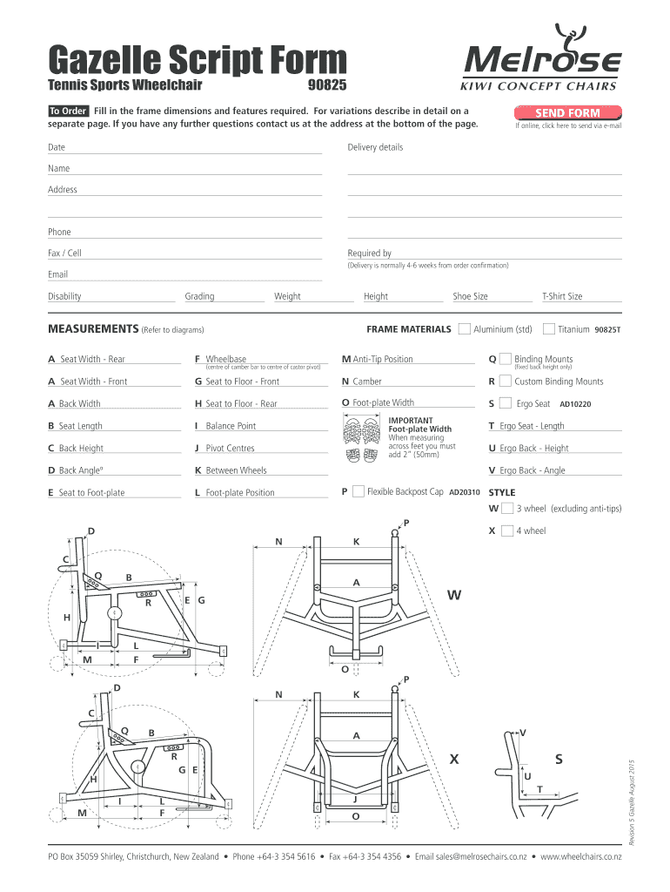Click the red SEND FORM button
click(x=566, y=113)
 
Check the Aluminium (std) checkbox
click(x=465, y=328)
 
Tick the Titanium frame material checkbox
click(x=549, y=328)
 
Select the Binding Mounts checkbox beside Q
click(x=506, y=359)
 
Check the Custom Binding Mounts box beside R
click(x=506, y=381)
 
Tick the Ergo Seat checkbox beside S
click(x=506, y=403)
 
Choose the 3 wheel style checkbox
click(x=507, y=508)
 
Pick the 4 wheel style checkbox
click(x=507, y=530)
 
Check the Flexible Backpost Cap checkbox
click(x=358, y=492)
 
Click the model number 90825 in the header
click(x=327, y=85)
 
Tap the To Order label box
click(x=68, y=111)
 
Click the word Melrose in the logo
click(x=546, y=63)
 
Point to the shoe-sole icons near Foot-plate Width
click(x=363, y=440)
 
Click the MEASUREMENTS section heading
click(x=92, y=329)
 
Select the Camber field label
click(x=366, y=382)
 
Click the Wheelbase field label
click(x=225, y=359)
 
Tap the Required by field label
click(x=369, y=253)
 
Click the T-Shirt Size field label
click(x=562, y=296)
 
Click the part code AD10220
click(x=575, y=404)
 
